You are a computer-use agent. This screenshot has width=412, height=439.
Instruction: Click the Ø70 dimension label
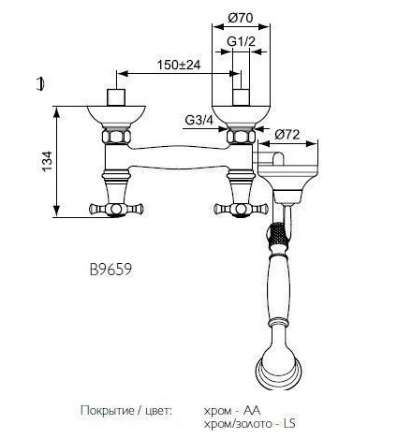(x=241, y=18)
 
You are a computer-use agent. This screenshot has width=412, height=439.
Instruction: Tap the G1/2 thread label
(x=241, y=41)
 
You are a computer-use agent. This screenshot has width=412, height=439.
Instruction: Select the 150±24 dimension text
(x=178, y=65)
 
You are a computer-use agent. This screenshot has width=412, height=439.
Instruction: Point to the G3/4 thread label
(x=199, y=120)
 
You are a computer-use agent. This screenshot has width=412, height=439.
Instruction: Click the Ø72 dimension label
(x=287, y=135)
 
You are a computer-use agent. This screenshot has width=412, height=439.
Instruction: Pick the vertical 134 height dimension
(x=48, y=161)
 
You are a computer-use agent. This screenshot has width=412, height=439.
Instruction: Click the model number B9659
(x=110, y=270)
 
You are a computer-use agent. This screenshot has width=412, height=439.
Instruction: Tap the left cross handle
(x=116, y=209)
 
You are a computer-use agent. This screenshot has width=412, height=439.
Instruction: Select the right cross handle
(x=241, y=209)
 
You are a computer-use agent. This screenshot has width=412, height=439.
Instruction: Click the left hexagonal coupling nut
(x=116, y=137)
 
